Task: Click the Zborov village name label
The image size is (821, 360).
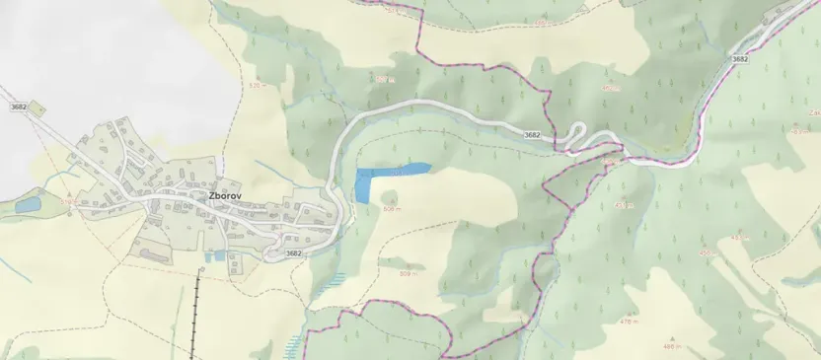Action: pyautogui.click(x=225, y=195)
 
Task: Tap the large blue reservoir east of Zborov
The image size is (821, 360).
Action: pyautogui.click(x=380, y=180)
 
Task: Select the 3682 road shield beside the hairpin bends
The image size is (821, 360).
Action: pyautogui.click(x=532, y=134)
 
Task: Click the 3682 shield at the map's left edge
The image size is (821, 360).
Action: pyautogui.click(x=17, y=106)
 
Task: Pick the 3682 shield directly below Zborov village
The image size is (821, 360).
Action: pyautogui.click(x=293, y=253)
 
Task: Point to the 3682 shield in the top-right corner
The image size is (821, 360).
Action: pyautogui.click(x=740, y=59)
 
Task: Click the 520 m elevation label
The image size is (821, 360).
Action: pyautogui.click(x=259, y=86)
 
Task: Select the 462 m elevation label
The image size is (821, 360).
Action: pyautogui.click(x=611, y=88)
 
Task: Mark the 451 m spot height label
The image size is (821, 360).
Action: pyautogui.click(x=623, y=205)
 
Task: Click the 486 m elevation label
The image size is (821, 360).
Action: pyautogui.click(x=672, y=346)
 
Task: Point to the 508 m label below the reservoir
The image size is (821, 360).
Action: pyautogui.click(x=391, y=208)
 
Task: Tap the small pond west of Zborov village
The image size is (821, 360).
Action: pyautogui.click(x=28, y=205)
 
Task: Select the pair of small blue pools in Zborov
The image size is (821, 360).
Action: pyautogui.click(x=211, y=257)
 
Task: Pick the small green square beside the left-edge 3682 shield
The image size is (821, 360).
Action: pyautogui.click(x=37, y=107)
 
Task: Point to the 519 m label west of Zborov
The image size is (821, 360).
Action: pyautogui.click(x=67, y=201)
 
